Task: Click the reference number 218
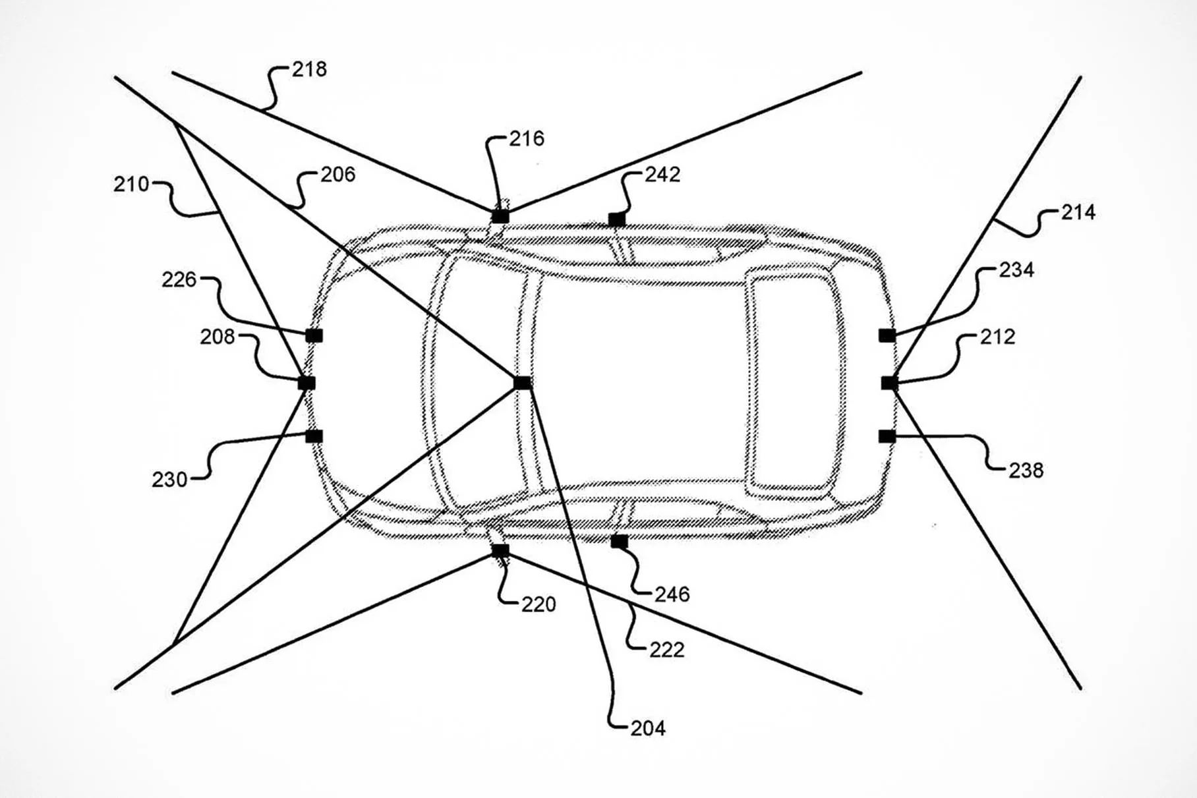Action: (x=309, y=69)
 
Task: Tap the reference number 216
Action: (x=527, y=138)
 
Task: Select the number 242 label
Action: (x=662, y=175)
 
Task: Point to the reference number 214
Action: (x=1078, y=212)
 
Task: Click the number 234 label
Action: (x=1016, y=270)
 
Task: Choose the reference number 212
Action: (x=997, y=337)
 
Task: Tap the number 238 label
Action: (x=1026, y=470)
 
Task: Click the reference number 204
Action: (x=647, y=728)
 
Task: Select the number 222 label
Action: (x=666, y=650)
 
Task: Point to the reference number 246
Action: (x=672, y=594)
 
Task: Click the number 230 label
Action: (x=169, y=480)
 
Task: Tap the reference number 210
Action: (x=131, y=185)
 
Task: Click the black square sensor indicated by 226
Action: (x=314, y=336)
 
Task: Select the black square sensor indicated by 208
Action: (x=307, y=383)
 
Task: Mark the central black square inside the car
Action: (x=522, y=383)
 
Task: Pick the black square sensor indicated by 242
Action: (x=616, y=219)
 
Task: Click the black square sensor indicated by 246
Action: (x=619, y=542)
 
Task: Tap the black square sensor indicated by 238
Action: (x=887, y=436)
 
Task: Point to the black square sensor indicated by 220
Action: (x=500, y=550)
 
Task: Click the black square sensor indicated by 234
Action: (x=887, y=336)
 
